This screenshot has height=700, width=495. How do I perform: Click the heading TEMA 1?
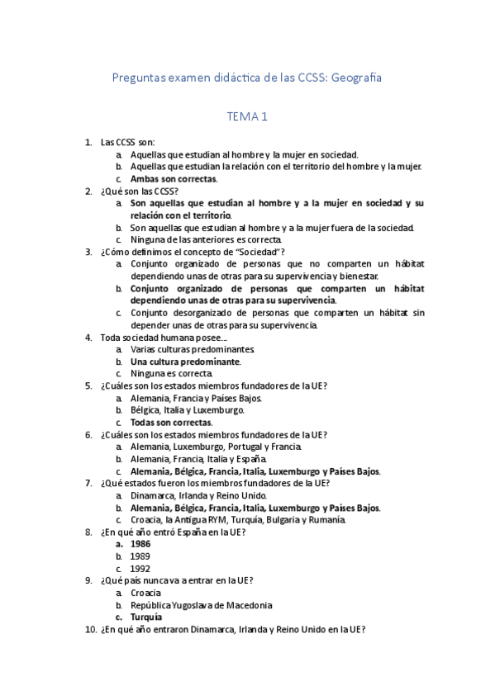(247, 118)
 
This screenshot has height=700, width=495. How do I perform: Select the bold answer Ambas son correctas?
(174, 178)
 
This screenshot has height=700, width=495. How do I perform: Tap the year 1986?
(140, 545)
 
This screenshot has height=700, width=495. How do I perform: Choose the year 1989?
(140, 556)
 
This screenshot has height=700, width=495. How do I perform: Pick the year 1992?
(140, 569)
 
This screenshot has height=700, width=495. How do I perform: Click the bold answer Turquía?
(146, 617)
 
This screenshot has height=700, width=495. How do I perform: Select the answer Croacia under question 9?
(145, 593)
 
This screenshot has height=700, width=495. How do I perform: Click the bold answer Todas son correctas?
(171, 422)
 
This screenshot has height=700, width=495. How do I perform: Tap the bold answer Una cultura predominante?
(185, 362)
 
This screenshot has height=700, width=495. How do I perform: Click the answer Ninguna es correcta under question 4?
(171, 373)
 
